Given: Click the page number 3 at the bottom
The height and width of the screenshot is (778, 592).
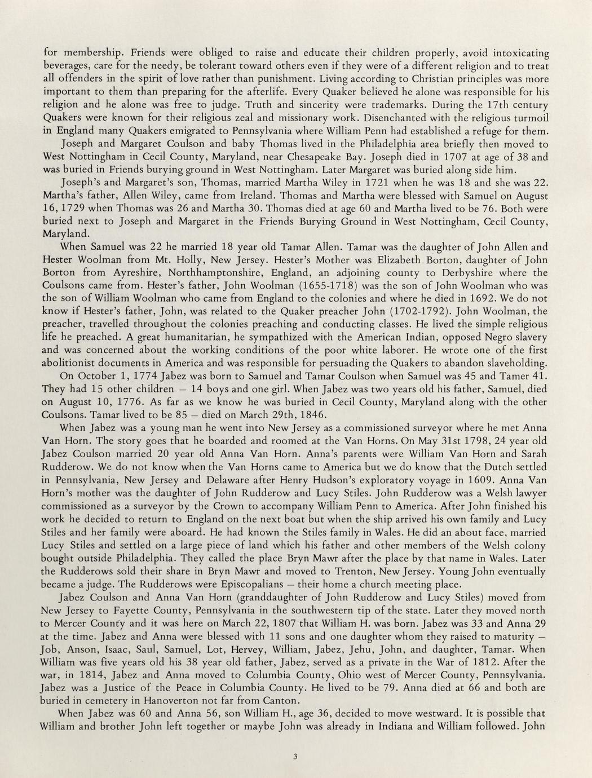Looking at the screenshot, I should click(x=295, y=757).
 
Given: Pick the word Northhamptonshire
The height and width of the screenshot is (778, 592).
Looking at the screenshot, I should click(x=175, y=273).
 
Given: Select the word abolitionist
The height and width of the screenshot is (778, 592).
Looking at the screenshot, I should click(x=76, y=363).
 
